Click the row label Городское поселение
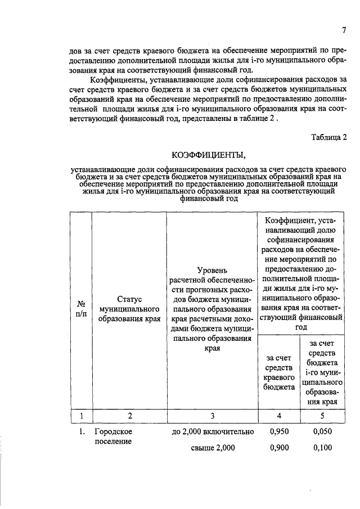[112, 436]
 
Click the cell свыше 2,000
[210, 448]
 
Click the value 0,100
[322, 448]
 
